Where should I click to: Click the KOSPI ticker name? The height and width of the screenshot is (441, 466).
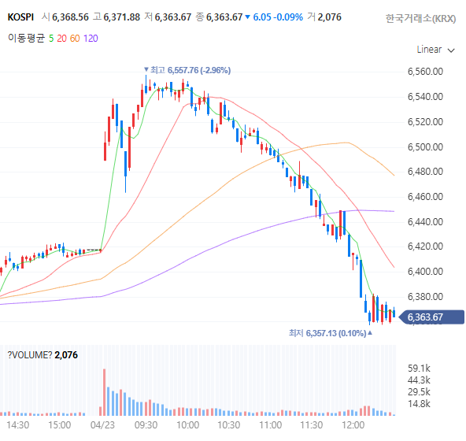(x=20, y=17)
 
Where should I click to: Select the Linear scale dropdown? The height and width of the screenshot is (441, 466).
(x=435, y=50)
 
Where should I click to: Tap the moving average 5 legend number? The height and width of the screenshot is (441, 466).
(x=51, y=39)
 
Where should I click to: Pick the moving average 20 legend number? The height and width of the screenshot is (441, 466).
(x=62, y=39)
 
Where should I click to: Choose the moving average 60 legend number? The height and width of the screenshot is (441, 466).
(x=75, y=39)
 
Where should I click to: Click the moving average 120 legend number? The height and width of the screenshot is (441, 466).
(x=91, y=39)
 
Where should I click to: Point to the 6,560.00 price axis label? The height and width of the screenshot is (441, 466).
(x=425, y=72)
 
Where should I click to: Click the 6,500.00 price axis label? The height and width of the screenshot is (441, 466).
(x=425, y=147)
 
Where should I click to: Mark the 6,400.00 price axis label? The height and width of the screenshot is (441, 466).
(x=425, y=271)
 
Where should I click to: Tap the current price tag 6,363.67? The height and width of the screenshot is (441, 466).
(x=431, y=317)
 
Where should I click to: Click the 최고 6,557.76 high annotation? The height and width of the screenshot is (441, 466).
(x=187, y=70)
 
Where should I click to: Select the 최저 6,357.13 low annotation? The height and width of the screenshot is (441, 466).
(x=331, y=333)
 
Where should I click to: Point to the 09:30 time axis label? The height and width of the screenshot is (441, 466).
(x=146, y=425)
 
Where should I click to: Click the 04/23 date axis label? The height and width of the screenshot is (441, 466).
(x=102, y=425)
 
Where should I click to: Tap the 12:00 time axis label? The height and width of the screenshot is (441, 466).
(x=353, y=425)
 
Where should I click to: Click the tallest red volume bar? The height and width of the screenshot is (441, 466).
(x=105, y=392)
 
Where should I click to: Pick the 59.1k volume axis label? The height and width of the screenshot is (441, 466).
(x=419, y=369)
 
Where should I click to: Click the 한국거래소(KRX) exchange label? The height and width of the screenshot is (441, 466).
(x=421, y=19)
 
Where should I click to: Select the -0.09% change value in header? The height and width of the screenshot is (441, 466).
(x=288, y=17)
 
